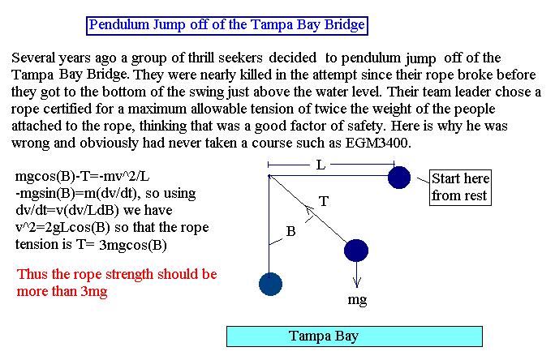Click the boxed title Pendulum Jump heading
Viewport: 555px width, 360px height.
tap(227, 25)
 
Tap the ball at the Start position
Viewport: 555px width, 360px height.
tap(399, 178)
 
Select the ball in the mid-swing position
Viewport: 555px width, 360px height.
tap(356, 251)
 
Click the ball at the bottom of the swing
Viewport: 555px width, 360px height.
tap(270, 284)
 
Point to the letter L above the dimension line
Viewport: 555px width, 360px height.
tap(321, 165)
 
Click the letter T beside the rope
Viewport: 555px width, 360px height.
tap(324, 202)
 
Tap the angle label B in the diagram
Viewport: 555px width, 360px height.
tap(290, 231)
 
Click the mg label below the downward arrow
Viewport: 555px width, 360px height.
tap(357, 300)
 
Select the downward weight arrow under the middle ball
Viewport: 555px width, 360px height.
tap(356, 274)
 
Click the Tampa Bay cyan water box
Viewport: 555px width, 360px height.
tap(355, 336)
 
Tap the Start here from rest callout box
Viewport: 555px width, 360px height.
tap(460, 187)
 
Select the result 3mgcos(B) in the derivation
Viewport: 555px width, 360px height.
tap(133, 245)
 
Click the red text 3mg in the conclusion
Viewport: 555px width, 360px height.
tap(94, 292)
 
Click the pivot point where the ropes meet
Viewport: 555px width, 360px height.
tap(269, 176)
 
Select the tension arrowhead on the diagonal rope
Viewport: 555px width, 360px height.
tap(308, 211)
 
